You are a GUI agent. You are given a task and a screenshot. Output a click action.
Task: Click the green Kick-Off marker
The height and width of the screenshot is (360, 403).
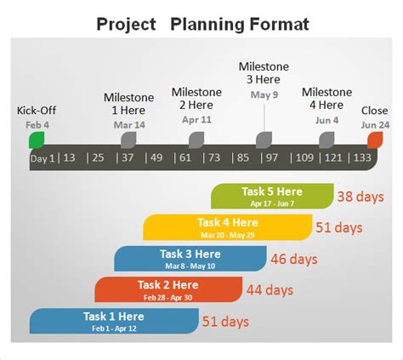click(x=36, y=140)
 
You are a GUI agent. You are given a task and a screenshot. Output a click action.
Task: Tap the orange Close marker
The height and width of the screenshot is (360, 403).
click(x=374, y=140)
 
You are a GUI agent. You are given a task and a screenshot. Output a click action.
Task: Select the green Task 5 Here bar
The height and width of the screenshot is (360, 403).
click(x=272, y=196)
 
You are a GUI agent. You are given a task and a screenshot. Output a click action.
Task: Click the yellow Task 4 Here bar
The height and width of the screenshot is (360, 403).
click(x=227, y=227)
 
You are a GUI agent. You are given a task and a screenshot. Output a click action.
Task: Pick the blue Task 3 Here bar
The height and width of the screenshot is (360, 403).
click(x=190, y=259)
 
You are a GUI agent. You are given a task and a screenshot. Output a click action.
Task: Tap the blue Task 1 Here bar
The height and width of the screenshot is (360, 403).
click(x=113, y=321)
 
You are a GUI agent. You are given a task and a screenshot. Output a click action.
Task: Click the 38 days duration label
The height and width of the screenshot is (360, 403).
click(x=357, y=197)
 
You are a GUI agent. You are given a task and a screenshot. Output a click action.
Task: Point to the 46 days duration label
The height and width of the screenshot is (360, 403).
click(x=291, y=259)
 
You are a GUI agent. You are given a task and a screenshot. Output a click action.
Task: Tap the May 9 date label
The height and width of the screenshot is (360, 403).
click(x=264, y=94)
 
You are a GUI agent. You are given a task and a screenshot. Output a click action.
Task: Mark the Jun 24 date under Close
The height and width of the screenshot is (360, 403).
click(x=374, y=125)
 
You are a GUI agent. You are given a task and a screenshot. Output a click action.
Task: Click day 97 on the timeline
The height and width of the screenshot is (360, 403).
click(x=271, y=157)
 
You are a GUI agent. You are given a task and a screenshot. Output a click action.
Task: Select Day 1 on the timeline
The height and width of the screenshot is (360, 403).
click(x=43, y=157)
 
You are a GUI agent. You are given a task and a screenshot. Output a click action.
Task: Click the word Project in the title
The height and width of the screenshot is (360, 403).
click(x=126, y=24)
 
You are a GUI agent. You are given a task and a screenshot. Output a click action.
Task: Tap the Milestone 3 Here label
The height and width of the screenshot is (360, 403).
click(x=264, y=72)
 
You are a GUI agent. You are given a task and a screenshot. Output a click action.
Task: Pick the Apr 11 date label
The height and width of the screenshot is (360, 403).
click(x=196, y=120)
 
